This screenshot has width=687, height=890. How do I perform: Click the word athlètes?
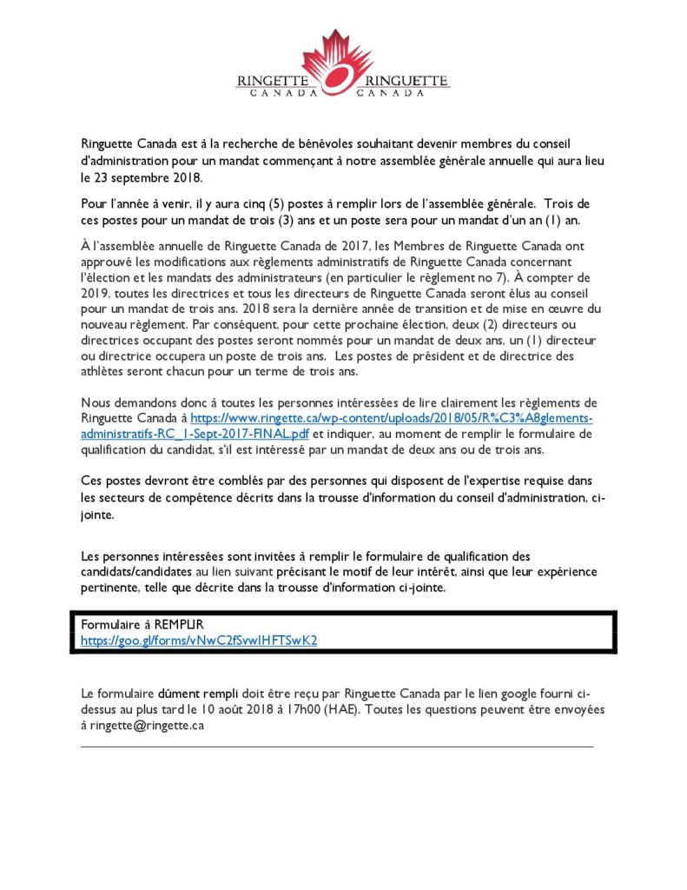(x=107, y=372)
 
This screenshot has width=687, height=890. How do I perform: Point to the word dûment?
(x=181, y=694)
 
